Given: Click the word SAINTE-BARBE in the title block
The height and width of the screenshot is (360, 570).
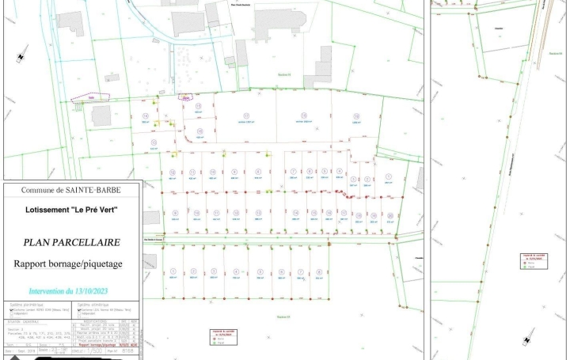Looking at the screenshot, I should (x=92, y=190).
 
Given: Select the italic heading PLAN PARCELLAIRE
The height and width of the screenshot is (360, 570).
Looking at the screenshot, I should (x=71, y=243).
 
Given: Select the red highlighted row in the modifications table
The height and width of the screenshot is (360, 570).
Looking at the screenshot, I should (x=106, y=345).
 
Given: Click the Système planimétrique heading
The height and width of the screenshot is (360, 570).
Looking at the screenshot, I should (x=27, y=304).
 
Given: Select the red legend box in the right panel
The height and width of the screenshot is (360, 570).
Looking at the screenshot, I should (x=530, y=260).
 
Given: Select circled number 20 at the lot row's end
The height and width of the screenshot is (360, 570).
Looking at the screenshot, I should (x=390, y=215).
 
